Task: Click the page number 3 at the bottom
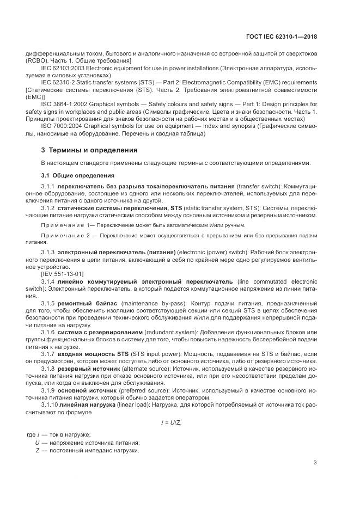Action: pos(315,463)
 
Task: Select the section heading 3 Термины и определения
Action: pos(90,150)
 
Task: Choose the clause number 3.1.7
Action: pos(48,354)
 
